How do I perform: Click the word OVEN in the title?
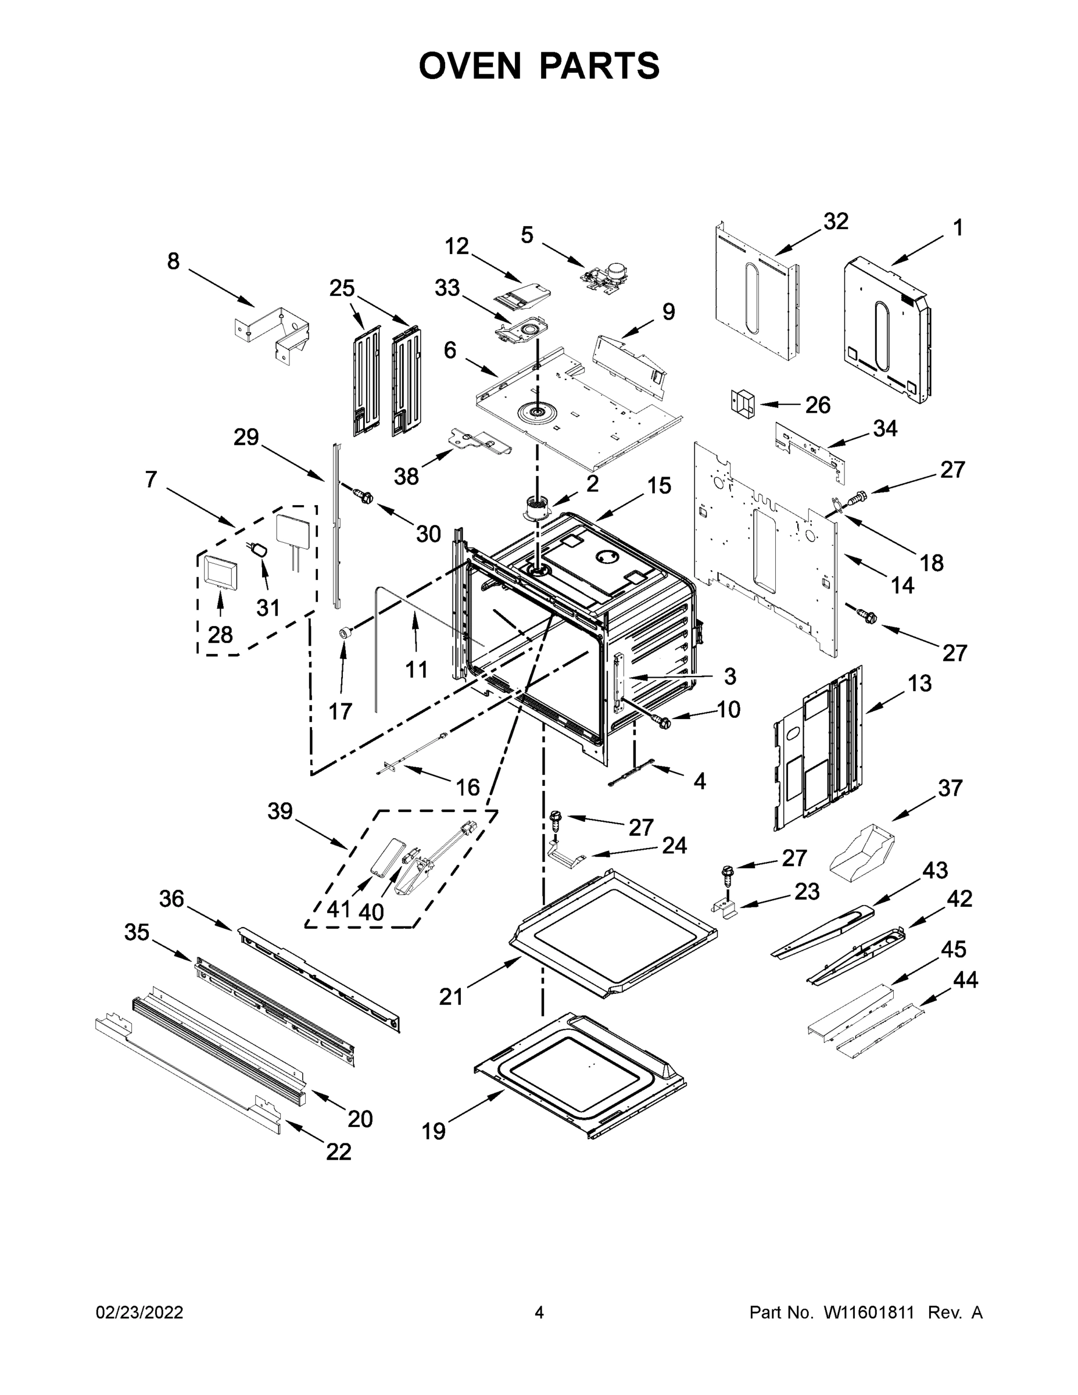point(470,66)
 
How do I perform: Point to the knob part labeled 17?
point(346,632)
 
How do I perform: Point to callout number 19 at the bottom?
point(434,1131)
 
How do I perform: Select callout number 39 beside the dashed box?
point(280,811)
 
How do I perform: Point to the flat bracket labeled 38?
point(480,441)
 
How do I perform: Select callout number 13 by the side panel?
point(919,684)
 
